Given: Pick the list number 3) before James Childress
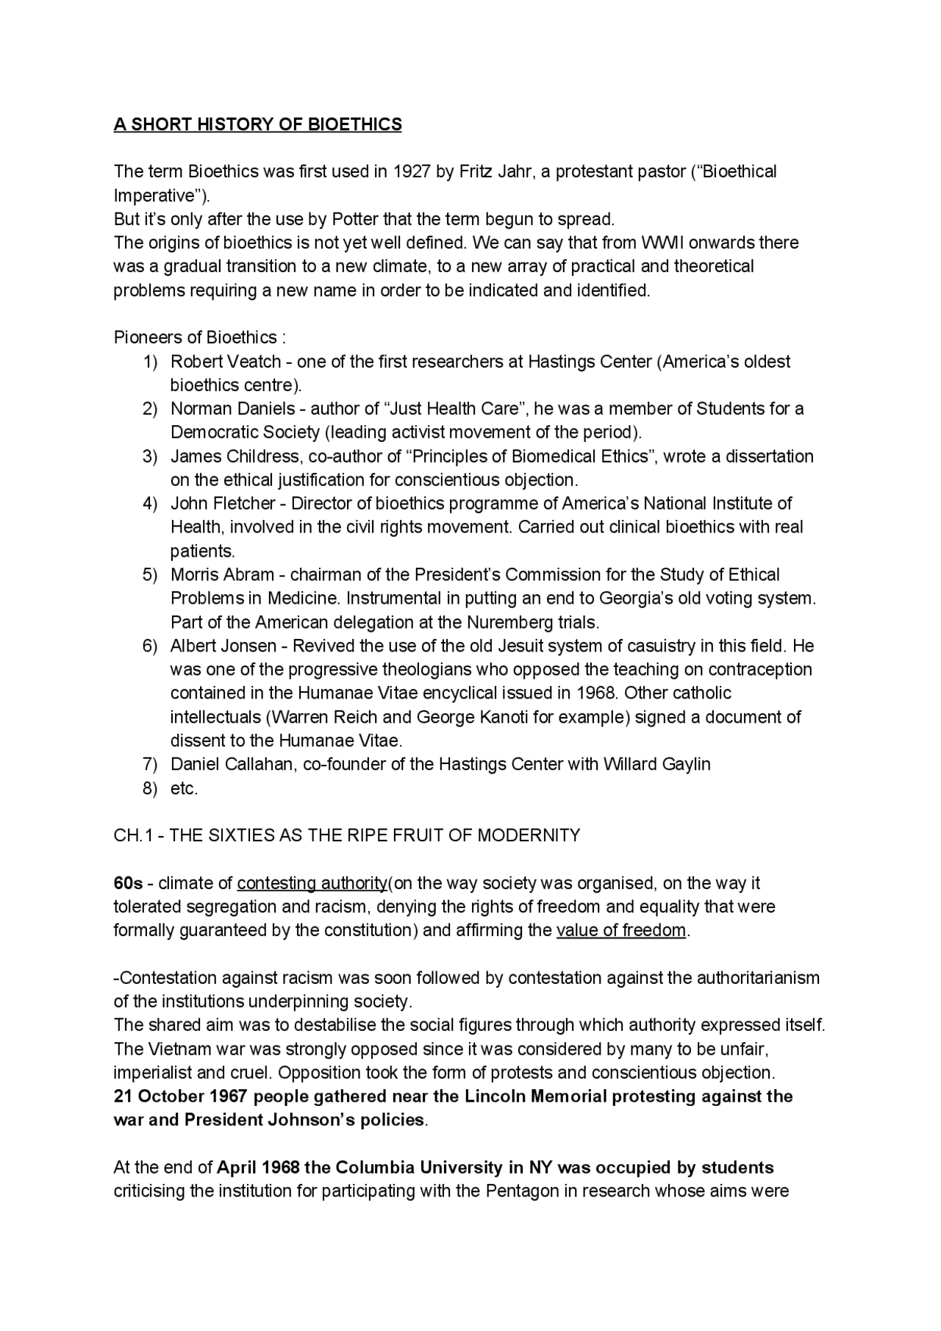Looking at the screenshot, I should click(150, 457).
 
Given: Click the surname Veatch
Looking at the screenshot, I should click(255, 362).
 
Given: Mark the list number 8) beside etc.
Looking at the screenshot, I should click(150, 789).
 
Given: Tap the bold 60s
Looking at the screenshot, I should click(128, 883).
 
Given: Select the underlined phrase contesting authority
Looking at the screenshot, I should click(312, 883).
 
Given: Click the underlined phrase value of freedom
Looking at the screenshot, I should click(621, 931).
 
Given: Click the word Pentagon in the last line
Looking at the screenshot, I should click(522, 1191).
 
